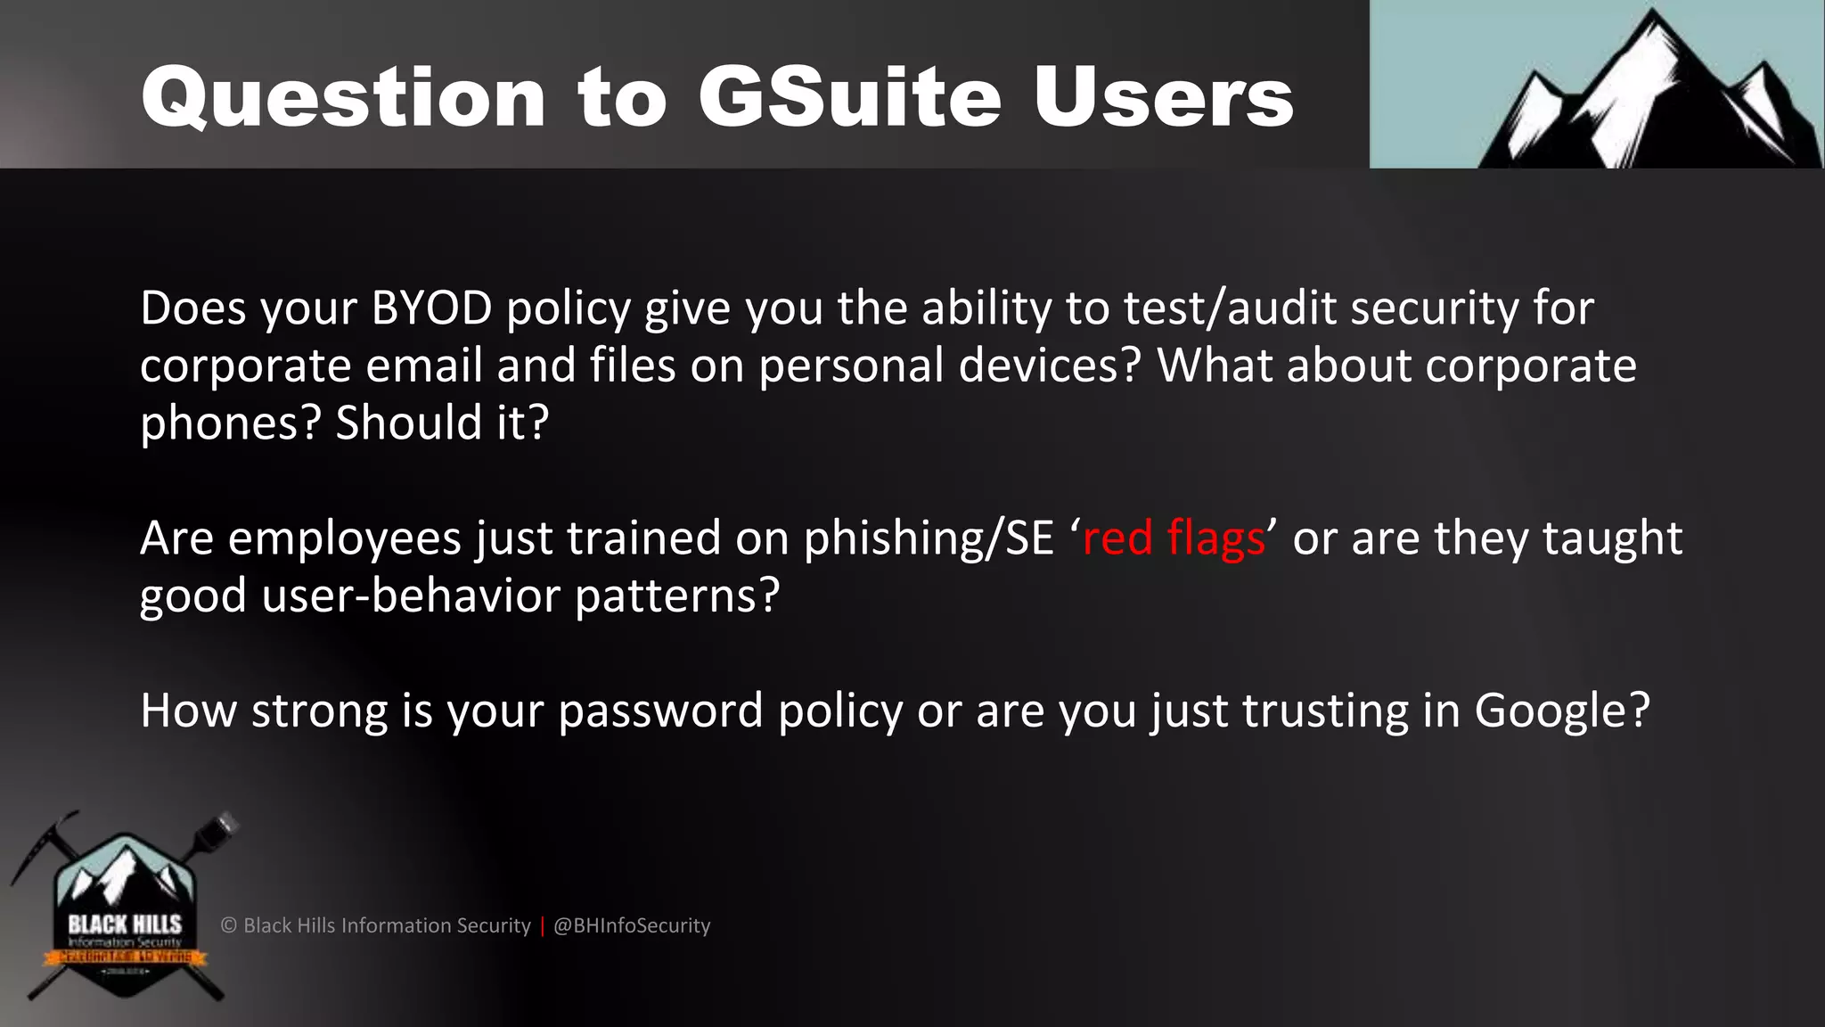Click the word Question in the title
343,98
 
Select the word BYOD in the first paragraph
431,308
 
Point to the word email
424,366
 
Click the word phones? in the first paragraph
229,423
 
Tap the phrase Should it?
442,423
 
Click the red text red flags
1173,538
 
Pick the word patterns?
677,596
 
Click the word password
660,711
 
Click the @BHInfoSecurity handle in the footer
632,925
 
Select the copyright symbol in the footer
229,925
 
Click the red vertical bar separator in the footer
542,925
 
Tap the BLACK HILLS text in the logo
125,924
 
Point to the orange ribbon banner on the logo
125,957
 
